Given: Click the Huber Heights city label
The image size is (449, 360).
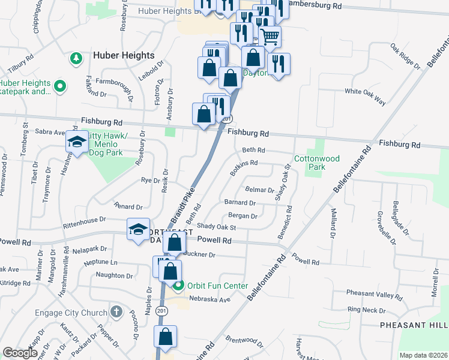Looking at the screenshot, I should tap(124, 55).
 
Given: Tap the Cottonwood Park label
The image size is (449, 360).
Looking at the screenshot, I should tap(316, 163).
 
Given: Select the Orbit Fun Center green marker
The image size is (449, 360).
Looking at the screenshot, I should tap(178, 286).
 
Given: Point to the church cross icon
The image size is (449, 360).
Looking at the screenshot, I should tap(116, 313).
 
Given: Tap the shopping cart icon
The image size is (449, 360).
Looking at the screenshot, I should tap(270, 37).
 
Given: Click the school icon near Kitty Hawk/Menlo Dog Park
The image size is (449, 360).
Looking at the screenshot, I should tap(77, 143).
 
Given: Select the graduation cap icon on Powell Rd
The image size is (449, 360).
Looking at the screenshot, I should tap(138, 230).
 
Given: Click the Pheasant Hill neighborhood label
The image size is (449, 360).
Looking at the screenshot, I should tap(414, 325).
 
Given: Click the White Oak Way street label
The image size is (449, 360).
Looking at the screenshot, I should tap(364, 96).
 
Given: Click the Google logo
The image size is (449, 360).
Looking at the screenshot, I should tap(20, 353).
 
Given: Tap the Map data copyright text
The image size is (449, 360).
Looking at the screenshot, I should tap(423, 355).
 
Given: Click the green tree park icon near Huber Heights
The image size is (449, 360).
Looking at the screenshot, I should tap(76, 58).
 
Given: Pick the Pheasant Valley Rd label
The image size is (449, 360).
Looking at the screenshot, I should tap(374, 294).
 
